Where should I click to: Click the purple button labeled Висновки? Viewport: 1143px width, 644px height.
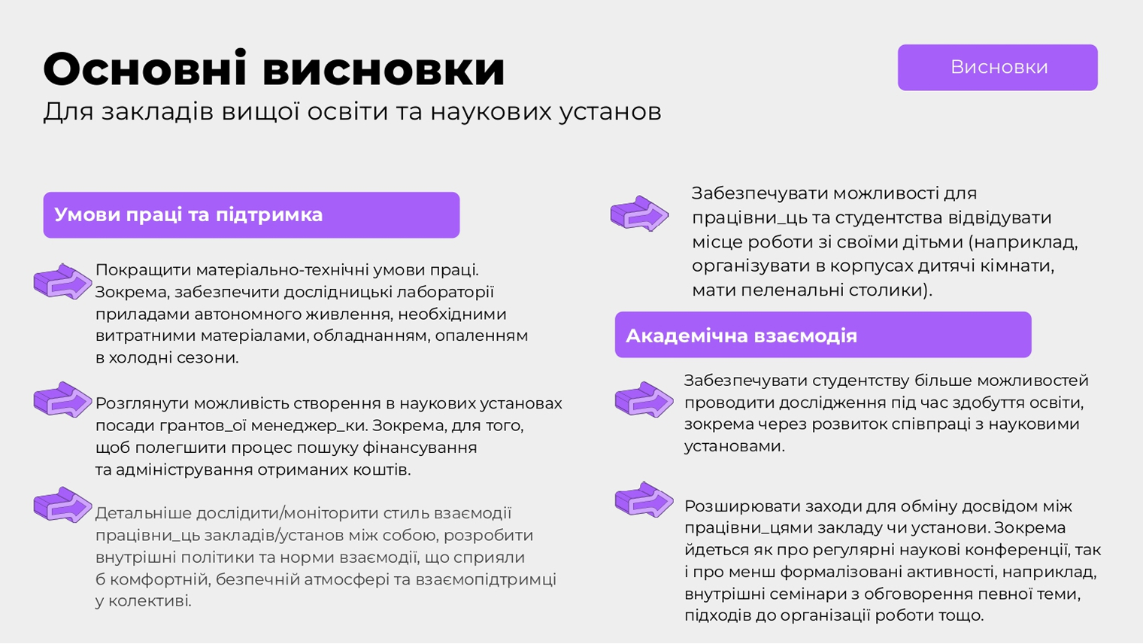[x=998, y=68]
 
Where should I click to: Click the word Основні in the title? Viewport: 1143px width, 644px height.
[x=145, y=68]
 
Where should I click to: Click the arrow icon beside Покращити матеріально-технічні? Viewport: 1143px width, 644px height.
[x=62, y=281]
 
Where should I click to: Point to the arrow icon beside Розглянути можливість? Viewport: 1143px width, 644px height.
[x=62, y=399]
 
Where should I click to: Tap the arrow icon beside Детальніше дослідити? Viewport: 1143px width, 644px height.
[x=62, y=505]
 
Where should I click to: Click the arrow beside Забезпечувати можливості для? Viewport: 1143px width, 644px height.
[x=639, y=214]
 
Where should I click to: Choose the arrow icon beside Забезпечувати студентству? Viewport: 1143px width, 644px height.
[x=644, y=399]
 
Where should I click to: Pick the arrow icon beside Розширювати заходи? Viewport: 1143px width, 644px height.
[x=644, y=500]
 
